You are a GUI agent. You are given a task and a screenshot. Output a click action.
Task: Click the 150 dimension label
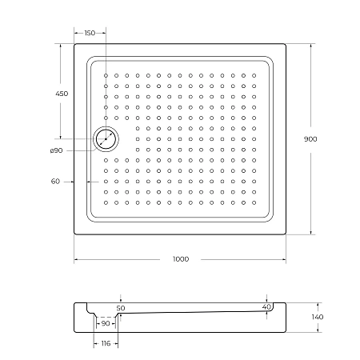click(90, 33)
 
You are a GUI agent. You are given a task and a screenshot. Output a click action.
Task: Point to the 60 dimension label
click(55, 182)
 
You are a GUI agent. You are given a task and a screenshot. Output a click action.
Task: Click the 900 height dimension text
click(310, 139)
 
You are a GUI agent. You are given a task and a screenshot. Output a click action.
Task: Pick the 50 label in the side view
click(121, 307)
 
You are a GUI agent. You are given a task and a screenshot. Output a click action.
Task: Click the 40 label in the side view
click(266, 306)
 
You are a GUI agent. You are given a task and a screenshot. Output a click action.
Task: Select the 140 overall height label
click(318, 318)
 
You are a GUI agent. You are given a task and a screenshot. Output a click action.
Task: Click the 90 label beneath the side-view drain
click(106, 323)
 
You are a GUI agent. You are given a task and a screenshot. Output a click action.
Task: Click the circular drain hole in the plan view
click(106, 139)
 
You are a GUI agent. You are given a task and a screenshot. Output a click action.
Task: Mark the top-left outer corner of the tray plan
click(74, 45)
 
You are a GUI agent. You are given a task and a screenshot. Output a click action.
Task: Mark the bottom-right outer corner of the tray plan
click(286, 235)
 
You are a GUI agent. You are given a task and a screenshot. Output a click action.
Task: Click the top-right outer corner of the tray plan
click(286, 45)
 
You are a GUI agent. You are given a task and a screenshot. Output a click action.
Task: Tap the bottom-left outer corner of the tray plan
click(74, 235)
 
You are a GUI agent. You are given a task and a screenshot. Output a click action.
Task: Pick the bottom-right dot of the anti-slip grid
click(255, 202)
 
